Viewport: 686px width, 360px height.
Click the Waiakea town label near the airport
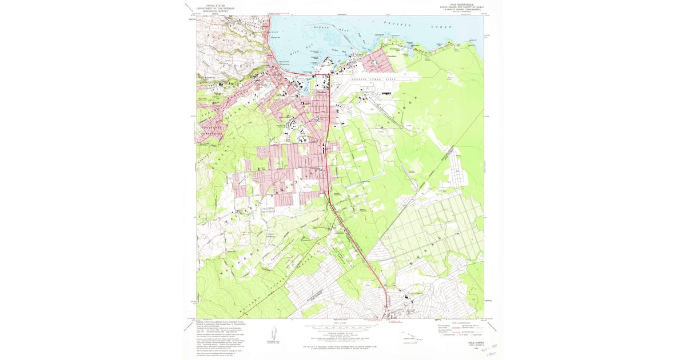(x=321, y=94)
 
